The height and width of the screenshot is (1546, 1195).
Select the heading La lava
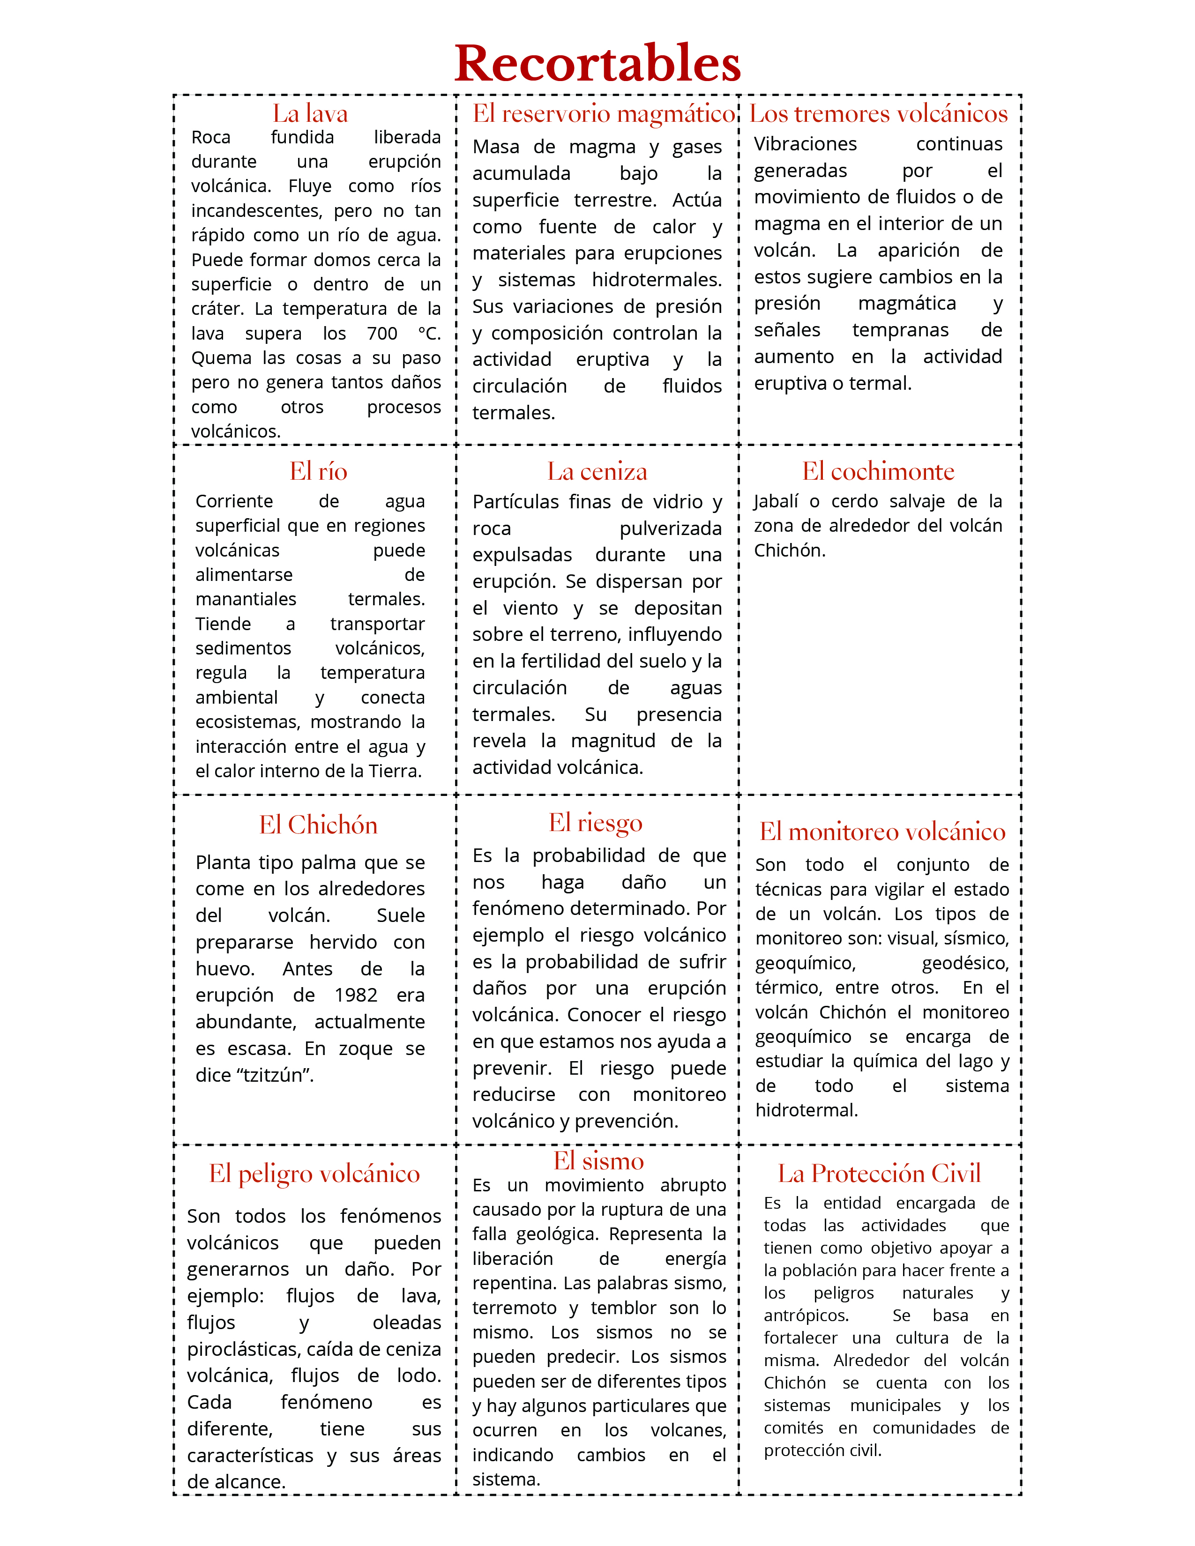310,113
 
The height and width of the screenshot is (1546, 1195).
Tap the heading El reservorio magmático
604,113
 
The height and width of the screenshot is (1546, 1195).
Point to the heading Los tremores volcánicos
879,113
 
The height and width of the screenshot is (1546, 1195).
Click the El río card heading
318,471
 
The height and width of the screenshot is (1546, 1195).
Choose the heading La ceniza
597,471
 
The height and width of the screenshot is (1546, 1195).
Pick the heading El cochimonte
878,471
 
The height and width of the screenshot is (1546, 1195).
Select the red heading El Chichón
318,825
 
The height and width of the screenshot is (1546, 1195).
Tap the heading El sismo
598,1160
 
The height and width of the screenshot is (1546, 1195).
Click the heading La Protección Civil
879,1173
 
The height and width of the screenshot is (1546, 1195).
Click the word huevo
224,968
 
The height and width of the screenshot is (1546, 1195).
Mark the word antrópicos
806,1315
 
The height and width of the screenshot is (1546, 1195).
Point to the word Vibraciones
805,144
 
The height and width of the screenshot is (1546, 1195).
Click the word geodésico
965,963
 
